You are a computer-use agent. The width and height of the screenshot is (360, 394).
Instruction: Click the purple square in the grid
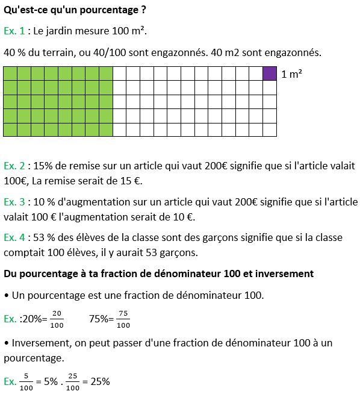pyautogui.click(x=270, y=73)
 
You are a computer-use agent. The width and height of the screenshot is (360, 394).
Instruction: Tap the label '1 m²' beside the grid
pyautogui.click(x=291, y=74)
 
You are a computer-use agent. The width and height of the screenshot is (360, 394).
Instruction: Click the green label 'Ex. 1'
pyautogui.click(x=14, y=31)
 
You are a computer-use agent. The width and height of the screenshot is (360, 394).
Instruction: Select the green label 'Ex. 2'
pyautogui.click(x=14, y=165)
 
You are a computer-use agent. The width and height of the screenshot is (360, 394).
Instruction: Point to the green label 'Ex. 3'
pyautogui.click(x=14, y=202)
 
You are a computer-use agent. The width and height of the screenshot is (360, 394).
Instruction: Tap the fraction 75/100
pyautogui.click(x=123, y=319)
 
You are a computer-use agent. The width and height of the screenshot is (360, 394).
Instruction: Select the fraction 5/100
pyautogui.click(x=27, y=382)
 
